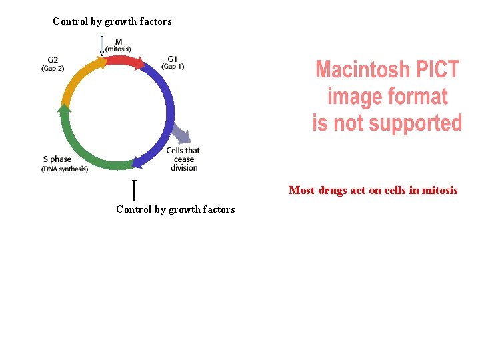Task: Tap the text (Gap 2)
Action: click(54, 68)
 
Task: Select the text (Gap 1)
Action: click(173, 66)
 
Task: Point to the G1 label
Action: click(173, 59)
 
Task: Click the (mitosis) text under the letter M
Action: click(118, 49)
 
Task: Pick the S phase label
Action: click(57, 159)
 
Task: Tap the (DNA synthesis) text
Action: click(65, 169)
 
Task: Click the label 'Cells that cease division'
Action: click(183, 159)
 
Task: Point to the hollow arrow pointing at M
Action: click(102, 45)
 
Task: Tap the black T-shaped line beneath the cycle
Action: click(135, 189)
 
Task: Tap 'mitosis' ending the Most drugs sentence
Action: click(440, 191)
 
